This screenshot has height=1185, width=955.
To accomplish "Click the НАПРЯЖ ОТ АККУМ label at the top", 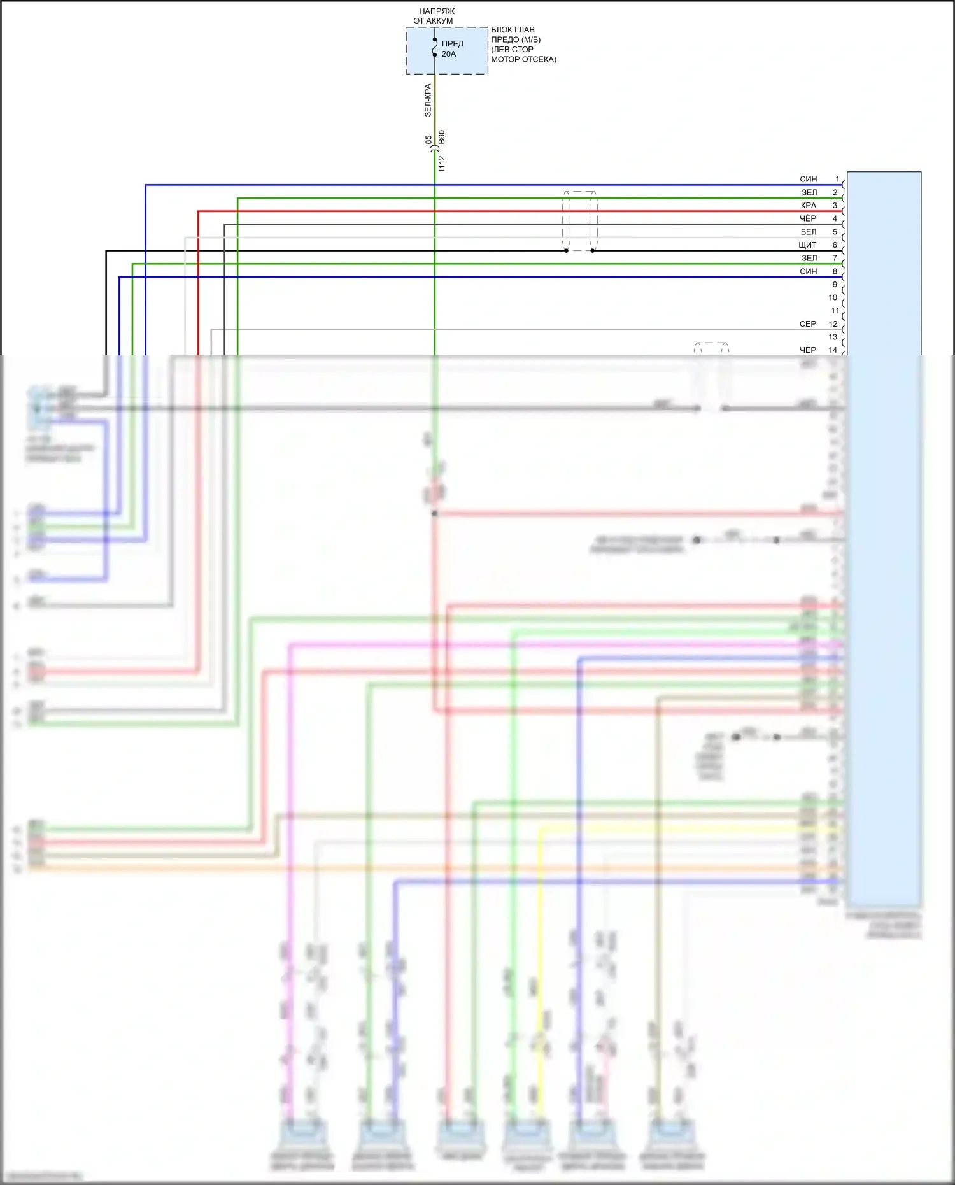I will coord(435,16).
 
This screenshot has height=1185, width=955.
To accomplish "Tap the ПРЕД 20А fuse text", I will coord(452,49).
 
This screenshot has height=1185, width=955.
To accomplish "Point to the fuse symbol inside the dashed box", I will coord(435,47).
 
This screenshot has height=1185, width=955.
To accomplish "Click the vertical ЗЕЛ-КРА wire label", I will coord(428,100).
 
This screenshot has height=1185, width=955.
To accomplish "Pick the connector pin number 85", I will coord(428,139).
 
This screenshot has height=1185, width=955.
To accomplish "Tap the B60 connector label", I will coord(442,137).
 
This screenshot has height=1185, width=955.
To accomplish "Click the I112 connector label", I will coord(442,163).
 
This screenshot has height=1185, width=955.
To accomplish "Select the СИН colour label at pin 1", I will coord(808,180).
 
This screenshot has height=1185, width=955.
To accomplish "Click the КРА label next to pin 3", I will coord(808,206).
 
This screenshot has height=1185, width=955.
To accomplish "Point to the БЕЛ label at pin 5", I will coord(808,232).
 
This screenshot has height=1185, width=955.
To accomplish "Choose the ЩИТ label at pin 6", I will coord(807,245).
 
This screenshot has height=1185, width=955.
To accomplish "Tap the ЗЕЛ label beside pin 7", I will coord(809,259).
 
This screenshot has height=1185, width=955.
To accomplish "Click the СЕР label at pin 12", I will coord(807,324).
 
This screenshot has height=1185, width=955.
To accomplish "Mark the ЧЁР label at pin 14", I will coord(807,350).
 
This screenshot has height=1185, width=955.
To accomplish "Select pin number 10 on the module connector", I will coord(833,298).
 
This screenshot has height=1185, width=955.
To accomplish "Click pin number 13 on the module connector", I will coord(833,337).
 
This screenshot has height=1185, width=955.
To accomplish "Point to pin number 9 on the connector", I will coord(835,285).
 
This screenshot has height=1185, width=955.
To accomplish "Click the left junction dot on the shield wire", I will coord(566,251).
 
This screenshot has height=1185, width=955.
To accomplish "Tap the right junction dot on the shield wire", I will coord(593,251).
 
